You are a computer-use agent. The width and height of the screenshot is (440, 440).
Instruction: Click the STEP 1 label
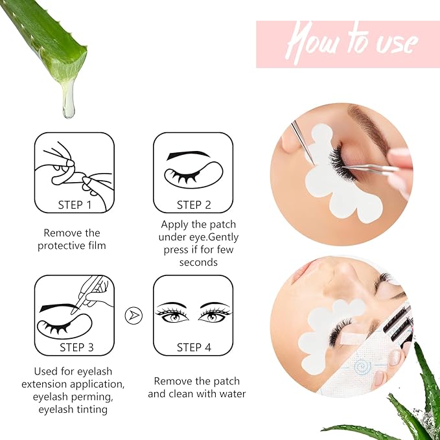pyautogui.click(x=75, y=205)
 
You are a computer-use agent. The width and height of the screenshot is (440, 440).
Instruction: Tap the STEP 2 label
pyautogui.click(x=194, y=205)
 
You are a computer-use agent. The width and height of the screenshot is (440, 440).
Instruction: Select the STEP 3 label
pyautogui.click(x=76, y=347)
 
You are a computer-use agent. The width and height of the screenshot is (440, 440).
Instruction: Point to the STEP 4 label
pyautogui.click(x=194, y=347)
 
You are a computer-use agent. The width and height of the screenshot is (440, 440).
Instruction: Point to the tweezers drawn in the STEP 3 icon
pyautogui.click(x=91, y=291)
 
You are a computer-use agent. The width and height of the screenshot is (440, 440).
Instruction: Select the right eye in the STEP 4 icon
pyautogui.click(x=216, y=314)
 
